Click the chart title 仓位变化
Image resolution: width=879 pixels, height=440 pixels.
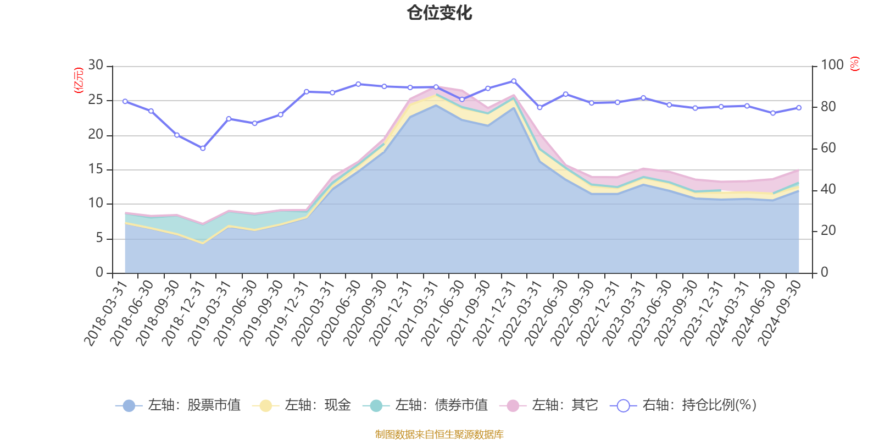[x=439, y=13]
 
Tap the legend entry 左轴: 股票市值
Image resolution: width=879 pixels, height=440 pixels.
[x=178, y=406]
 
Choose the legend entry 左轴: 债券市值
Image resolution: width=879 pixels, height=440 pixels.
[x=425, y=406]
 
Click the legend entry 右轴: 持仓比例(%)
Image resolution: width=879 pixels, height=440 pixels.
[x=683, y=406]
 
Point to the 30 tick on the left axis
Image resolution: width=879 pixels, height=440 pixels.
[x=96, y=65]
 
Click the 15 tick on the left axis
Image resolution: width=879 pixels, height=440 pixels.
[x=96, y=169]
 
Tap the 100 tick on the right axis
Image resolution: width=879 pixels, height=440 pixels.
[x=832, y=65]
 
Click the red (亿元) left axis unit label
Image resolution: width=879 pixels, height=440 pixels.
[x=79, y=80]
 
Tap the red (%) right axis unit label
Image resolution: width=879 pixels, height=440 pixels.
[x=855, y=64]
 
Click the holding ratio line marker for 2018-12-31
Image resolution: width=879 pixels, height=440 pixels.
[x=203, y=148]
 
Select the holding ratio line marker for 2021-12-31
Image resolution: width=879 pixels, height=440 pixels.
[x=514, y=81]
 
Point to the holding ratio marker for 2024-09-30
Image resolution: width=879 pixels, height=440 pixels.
[x=799, y=108]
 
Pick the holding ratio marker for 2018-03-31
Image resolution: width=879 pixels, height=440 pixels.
[x=125, y=101]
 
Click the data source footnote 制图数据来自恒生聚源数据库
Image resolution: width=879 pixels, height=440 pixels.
[x=439, y=435]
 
